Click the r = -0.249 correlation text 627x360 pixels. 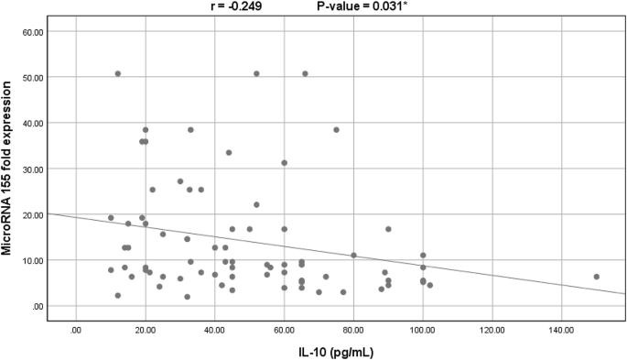(243, 6)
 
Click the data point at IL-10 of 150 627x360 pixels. (596, 277)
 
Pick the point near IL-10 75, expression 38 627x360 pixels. (336, 130)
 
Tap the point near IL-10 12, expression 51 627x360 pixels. (117, 73)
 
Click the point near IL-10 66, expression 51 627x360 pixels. (305, 73)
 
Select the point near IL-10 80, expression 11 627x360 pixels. (353, 256)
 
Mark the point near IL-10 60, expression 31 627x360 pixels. (284, 163)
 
